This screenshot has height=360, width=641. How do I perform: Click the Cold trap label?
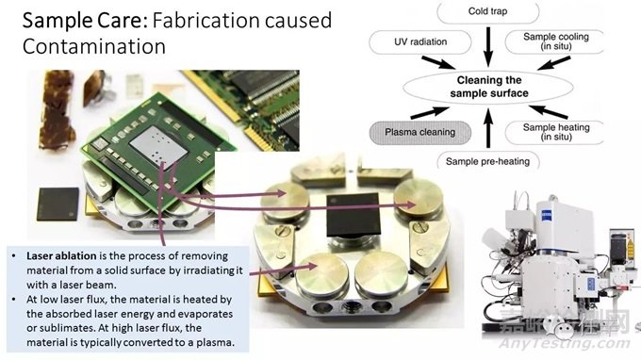487,11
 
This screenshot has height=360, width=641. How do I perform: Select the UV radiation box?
420,42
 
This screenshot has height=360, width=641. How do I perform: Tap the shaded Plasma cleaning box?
420,132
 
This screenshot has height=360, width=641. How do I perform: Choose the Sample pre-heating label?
487,161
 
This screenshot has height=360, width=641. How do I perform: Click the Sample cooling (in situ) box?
555,41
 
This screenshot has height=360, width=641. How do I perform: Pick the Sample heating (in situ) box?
555,132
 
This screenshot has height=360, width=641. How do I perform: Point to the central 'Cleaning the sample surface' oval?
488,87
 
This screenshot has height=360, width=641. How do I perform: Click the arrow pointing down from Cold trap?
488,47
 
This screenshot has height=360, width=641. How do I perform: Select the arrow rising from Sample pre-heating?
488,128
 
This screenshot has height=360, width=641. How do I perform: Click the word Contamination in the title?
94,46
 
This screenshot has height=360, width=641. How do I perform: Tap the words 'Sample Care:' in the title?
85,21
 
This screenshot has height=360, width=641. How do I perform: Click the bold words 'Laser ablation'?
61,256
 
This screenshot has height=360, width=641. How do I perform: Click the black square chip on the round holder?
353,215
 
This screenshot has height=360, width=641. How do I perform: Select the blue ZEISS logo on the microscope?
546,214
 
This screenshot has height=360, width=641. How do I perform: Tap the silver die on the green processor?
158,146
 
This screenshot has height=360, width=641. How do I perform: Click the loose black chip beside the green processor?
58,205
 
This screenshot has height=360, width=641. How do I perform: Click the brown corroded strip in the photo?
57,109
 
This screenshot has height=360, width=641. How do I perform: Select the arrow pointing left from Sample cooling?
554,63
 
